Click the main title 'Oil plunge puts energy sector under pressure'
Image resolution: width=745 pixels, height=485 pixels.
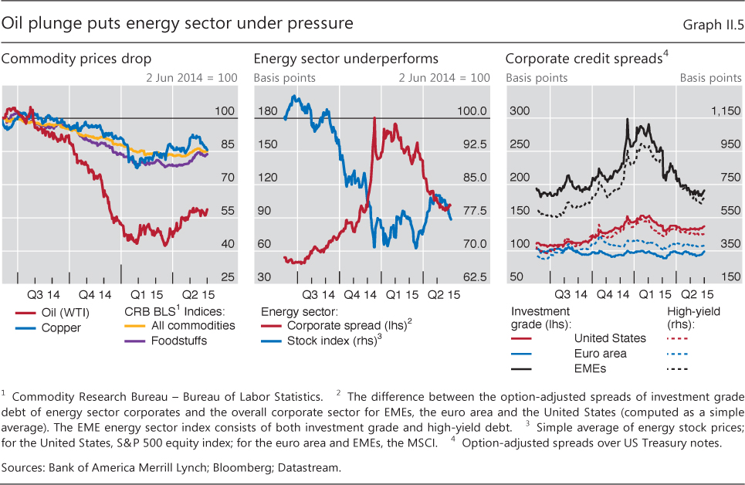178,24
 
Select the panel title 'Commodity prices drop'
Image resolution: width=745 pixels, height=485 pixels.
76,59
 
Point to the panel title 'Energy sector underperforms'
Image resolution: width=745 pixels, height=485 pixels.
346,59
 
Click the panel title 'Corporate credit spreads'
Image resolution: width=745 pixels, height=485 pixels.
584,59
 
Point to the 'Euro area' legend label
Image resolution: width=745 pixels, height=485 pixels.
600,353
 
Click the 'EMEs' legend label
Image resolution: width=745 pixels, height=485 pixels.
590,368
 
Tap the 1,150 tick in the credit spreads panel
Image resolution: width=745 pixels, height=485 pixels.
703,111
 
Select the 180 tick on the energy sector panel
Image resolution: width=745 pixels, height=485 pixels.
266,111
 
